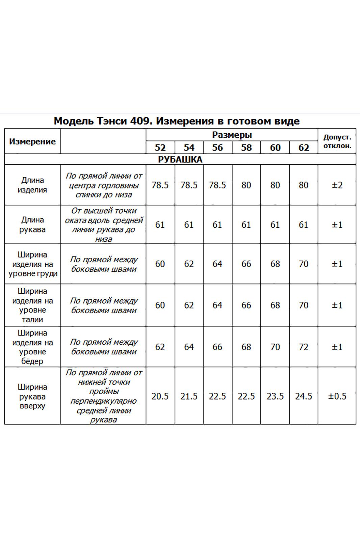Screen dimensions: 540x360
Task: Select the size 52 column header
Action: (x=160, y=147)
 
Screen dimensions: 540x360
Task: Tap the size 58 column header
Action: (x=246, y=147)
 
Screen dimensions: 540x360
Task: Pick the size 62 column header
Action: (x=304, y=147)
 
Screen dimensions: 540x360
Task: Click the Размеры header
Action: (x=232, y=135)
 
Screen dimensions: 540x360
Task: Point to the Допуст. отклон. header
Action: (x=337, y=141)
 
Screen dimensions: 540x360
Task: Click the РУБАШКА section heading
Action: (x=180, y=159)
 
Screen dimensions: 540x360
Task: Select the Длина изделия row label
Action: (x=32, y=185)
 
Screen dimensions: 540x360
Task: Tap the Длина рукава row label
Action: (x=32, y=224)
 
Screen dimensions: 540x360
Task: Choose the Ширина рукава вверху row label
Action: (x=32, y=396)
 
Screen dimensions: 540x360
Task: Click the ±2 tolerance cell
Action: (x=337, y=185)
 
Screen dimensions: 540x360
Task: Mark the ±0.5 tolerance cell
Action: (x=337, y=396)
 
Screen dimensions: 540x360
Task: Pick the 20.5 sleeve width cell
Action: (x=160, y=396)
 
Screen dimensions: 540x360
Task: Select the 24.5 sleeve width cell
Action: (x=304, y=396)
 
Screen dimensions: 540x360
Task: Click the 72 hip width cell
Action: (x=304, y=347)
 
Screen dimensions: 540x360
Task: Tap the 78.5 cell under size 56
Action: (x=217, y=185)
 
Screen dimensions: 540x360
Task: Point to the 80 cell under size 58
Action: (x=246, y=185)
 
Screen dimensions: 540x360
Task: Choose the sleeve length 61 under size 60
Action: (x=275, y=225)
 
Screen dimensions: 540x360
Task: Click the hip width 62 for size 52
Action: (x=160, y=347)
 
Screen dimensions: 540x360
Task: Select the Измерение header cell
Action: (x=32, y=141)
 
